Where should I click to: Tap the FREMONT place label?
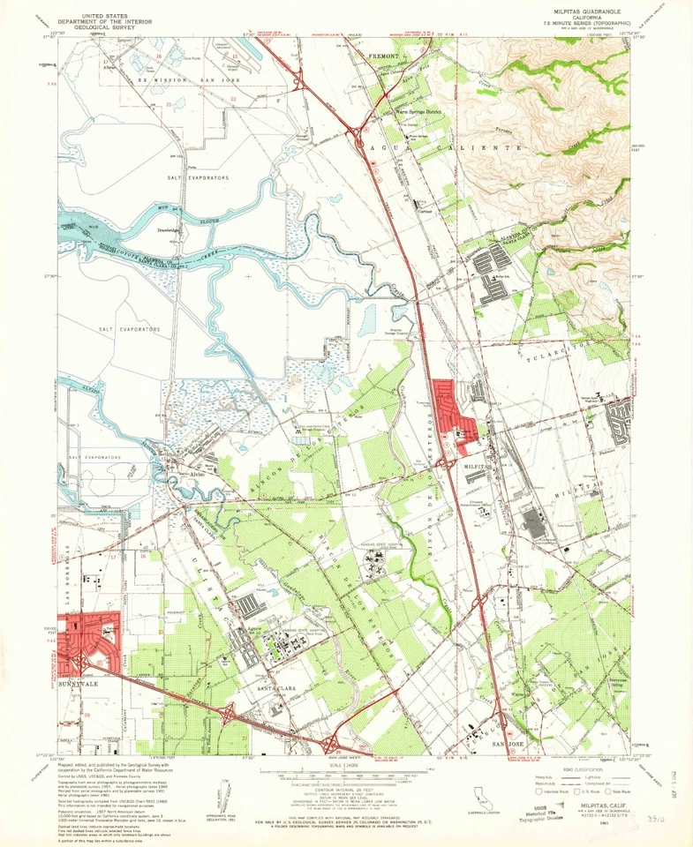click(x=384, y=56)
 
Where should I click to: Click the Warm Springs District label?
click(x=416, y=113)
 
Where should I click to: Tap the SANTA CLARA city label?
click(x=275, y=686)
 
